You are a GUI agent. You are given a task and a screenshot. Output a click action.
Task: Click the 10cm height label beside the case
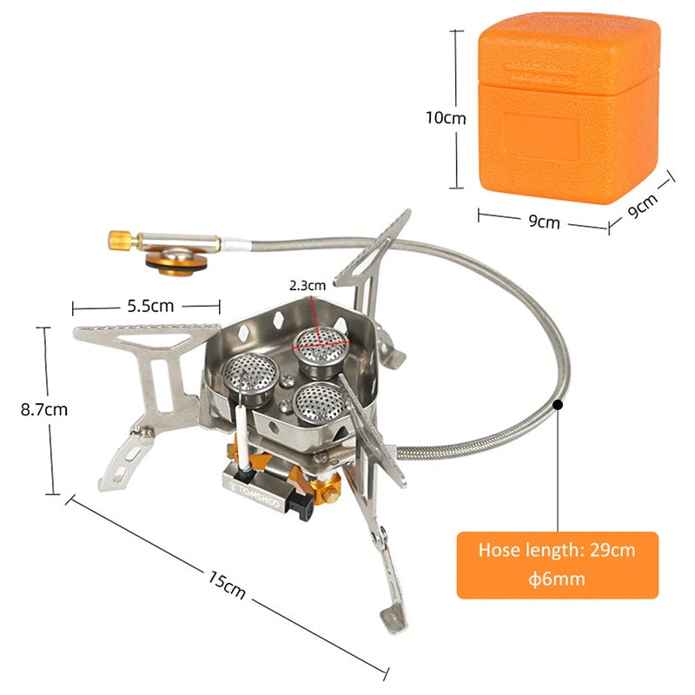[446, 118]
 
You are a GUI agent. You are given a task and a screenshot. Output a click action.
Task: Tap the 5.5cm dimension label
[150, 306]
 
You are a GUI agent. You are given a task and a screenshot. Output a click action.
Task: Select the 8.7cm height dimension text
[44, 409]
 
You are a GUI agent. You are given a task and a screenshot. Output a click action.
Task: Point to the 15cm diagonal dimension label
[227, 585]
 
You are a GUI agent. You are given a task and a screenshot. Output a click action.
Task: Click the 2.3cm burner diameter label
[308, 286]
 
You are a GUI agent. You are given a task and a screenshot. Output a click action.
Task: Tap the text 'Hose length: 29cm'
[557, 550]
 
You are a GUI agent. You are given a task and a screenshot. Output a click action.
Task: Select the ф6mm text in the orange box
[557, 579]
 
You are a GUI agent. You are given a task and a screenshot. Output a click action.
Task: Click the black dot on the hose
[559, 405]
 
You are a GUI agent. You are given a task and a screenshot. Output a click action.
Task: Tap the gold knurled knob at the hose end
[119, 241]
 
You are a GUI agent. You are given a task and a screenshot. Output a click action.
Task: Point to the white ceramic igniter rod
[242, 437]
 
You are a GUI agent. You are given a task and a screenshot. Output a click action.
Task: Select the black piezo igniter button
[301, 504]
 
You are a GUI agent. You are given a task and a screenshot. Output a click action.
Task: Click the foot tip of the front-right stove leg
[394, 619]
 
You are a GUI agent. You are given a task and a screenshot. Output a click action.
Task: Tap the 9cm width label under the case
[544, 222]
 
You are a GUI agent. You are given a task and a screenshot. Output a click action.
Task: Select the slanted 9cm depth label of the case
[643, 205]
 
